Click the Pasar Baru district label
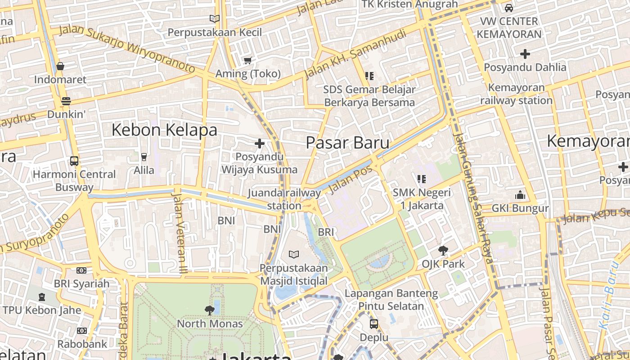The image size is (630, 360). click(347, 143)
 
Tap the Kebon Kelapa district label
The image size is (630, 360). click(164, 130)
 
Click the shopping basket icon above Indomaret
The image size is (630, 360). click(60, 67)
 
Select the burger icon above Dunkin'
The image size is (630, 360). click(66, 101)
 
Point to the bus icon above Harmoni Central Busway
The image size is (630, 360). click(74, 161)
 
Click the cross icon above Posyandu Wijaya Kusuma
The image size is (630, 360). click(260, 144)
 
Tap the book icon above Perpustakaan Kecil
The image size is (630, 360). click(215, 18)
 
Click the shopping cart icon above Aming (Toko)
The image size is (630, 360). click(247, 60)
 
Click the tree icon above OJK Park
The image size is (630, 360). click(443, 250)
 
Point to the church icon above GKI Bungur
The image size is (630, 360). click(520, 195)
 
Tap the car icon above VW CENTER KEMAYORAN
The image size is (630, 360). click(509, 8)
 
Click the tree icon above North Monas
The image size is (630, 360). click(209, 310)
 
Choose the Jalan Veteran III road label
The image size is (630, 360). click(179, 233)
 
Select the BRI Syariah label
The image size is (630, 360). click(81, 284)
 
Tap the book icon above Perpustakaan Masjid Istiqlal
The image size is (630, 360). click(294, 255)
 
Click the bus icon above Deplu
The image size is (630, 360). click(373, 324)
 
